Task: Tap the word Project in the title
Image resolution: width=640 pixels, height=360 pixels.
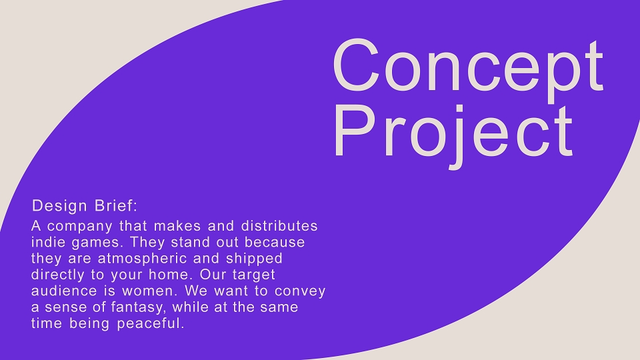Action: click(x=453, y=135)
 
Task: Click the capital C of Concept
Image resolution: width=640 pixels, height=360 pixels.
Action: click(x=356, y=65)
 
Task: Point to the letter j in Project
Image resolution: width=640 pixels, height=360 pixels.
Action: click(x=457, y=137)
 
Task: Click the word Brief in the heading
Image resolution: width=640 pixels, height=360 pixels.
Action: click(x=116, y=206)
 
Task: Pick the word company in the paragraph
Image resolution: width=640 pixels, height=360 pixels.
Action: click(x=79, y=227)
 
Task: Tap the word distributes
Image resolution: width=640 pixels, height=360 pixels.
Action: click(x=279, y=226)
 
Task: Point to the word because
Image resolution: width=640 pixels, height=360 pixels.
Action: click(x=275, y=242)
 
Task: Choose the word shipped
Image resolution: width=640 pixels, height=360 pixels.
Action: click(x=254, y=259)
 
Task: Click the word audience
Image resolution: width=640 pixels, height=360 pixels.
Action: click(x=65, y=291)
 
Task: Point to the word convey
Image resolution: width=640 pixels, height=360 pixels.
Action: click(x=300, y=292)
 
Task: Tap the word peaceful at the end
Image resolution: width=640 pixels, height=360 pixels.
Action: click(x=151, y=324)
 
